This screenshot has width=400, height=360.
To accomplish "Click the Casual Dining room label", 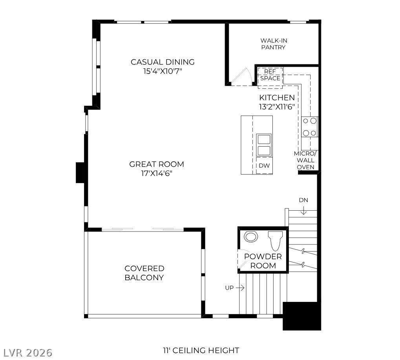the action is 163,62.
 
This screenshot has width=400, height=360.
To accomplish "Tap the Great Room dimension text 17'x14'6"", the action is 157,174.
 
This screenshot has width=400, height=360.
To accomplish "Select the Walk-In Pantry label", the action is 274,44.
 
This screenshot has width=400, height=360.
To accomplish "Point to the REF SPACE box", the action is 270,78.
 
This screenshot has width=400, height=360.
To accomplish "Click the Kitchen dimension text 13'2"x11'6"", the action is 277,107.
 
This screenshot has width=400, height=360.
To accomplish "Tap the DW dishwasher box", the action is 264,165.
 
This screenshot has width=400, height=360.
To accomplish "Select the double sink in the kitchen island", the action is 264,145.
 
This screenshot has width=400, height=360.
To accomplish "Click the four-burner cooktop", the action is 310,127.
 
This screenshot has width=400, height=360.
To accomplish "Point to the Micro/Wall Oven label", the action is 305,160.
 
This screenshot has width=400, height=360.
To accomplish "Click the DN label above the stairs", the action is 303,200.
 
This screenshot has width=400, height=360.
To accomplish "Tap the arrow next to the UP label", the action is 240,288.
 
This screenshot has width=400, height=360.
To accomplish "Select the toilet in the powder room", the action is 275,241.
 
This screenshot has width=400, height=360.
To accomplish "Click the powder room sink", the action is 250,237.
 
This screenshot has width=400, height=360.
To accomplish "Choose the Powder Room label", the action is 263,261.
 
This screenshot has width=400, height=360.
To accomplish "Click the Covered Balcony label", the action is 144,273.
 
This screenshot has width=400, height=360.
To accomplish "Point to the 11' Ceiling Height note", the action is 201,351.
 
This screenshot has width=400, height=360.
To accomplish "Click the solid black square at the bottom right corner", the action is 301,316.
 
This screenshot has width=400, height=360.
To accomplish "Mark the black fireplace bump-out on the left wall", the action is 80,173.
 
